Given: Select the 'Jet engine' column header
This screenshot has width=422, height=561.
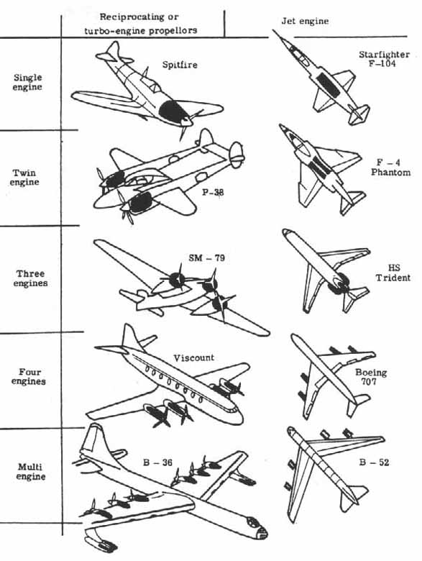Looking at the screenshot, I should tap(304, 22).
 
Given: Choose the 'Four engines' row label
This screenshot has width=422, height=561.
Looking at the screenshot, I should tap(30, 376).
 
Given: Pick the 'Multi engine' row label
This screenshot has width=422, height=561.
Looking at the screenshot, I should tap(30, 472).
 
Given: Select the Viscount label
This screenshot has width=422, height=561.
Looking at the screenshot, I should tap(193, 357).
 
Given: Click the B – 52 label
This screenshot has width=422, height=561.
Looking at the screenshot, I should tap(373, 462).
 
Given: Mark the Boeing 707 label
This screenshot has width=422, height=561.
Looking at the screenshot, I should tap(371, 378).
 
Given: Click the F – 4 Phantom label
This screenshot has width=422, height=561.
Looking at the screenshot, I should tap(390, 167).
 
